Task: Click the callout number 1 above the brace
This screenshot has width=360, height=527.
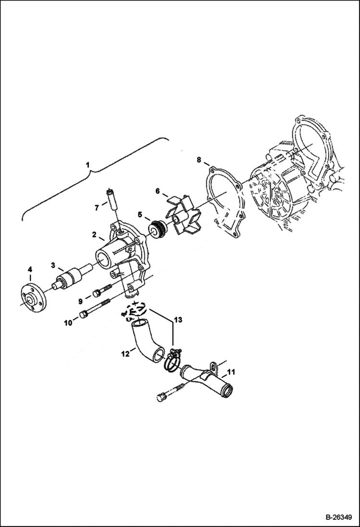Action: point(87,165)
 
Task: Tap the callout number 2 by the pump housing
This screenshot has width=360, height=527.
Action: point(95,235)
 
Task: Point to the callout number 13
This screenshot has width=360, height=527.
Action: point(178,319)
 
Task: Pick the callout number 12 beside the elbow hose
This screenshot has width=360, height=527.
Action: point(124,355)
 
